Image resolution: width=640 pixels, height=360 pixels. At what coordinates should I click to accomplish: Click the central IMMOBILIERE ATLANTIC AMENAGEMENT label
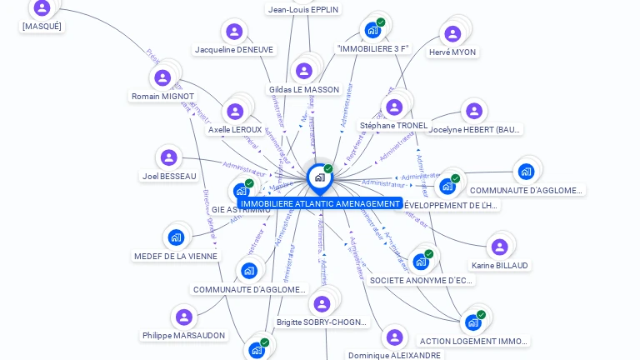[x=320, y=203]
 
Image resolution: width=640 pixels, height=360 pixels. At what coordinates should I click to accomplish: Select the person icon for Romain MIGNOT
[x=162, y=78]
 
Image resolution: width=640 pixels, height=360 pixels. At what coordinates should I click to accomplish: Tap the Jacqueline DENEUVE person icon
[x=234, y=32]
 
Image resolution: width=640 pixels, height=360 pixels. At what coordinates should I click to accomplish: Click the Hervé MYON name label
[x=452, y=52]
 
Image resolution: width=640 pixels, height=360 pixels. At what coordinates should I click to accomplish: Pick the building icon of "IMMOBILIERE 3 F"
[x=372, y=30]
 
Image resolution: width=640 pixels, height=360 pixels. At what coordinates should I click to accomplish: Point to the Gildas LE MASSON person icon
[x=304, y=71]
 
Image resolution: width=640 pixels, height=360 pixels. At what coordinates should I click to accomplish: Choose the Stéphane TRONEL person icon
[x=394, y=107]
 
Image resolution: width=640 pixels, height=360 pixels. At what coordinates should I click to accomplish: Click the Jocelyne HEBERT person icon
[x=474, y=111]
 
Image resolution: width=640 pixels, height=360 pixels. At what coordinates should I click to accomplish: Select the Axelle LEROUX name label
[x=235, y=130]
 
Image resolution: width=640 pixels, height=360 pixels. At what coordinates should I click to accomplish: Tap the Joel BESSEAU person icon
[x=169, y=157]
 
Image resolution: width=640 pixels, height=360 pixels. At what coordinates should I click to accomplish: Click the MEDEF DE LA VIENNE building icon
[x=176, y=237]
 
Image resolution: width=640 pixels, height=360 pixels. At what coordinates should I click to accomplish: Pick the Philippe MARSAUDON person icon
[x=183, y=317]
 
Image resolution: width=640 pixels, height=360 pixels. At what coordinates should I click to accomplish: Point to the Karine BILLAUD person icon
[x=499, y=247]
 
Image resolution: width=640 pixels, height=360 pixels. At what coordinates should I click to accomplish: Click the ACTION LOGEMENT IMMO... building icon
[x=472, y=322]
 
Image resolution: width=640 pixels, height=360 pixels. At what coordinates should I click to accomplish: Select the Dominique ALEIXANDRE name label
[x=394, y=355]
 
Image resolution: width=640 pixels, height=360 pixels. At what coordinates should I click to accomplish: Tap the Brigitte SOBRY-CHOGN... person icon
[x=322, y=304]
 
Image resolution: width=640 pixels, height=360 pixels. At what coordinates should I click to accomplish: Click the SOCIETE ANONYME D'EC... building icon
[x=421, y=262]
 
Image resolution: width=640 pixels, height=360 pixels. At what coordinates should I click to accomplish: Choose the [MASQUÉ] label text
[x=42, y=26]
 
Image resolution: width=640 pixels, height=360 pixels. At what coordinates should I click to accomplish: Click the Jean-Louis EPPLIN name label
[x=303, y=9]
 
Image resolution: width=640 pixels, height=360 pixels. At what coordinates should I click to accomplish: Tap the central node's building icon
[x=320, y=177]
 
